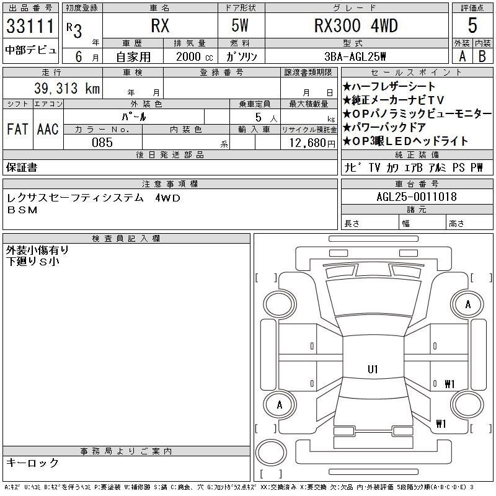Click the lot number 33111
click(x=30, y=26)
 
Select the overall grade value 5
click(x=472, y=25)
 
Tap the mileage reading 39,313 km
click(x=67, y=88)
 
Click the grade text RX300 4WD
click(x=356, y=25)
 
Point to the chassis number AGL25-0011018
click(x=417, y=197)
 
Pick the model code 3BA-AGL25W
click(x=355, y=56)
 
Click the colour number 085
click(x=102, y=143)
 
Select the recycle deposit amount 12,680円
click(x=312, y=143)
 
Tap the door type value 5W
click(x=240, y=25)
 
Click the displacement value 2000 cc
click(x=195, y=57)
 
